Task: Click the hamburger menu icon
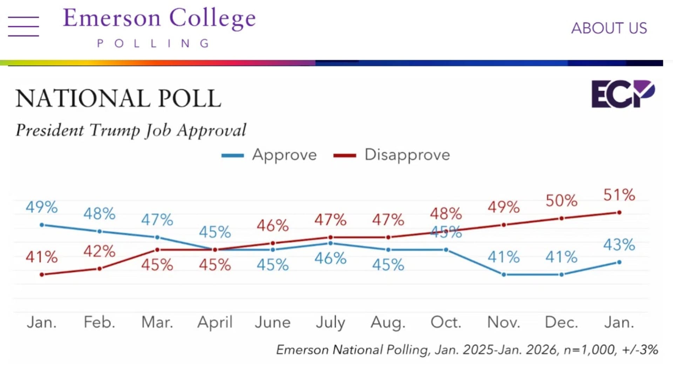tap(23, 26)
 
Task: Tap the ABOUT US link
tap(609, 28)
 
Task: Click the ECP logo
tap(623, 94)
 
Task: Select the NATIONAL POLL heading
tap(118, 98)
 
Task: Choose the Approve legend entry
tap(269, 155)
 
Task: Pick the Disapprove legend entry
tap(392, 155)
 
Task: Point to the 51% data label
tap(619, 195)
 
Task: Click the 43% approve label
tap(619, 245)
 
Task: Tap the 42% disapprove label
tap(99, 251)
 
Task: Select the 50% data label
tap(561, 201)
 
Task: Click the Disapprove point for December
tap(562, 218)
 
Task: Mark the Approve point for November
tap(504, 275)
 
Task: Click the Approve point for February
tap(100, 231)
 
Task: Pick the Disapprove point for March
tap(157, 250)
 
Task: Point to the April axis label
tap(215, 322)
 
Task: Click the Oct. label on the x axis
tap(446, 322)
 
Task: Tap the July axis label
tap(330, 322)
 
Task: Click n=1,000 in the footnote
tap(590, 350)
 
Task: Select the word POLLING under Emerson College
tap(153, 43)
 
